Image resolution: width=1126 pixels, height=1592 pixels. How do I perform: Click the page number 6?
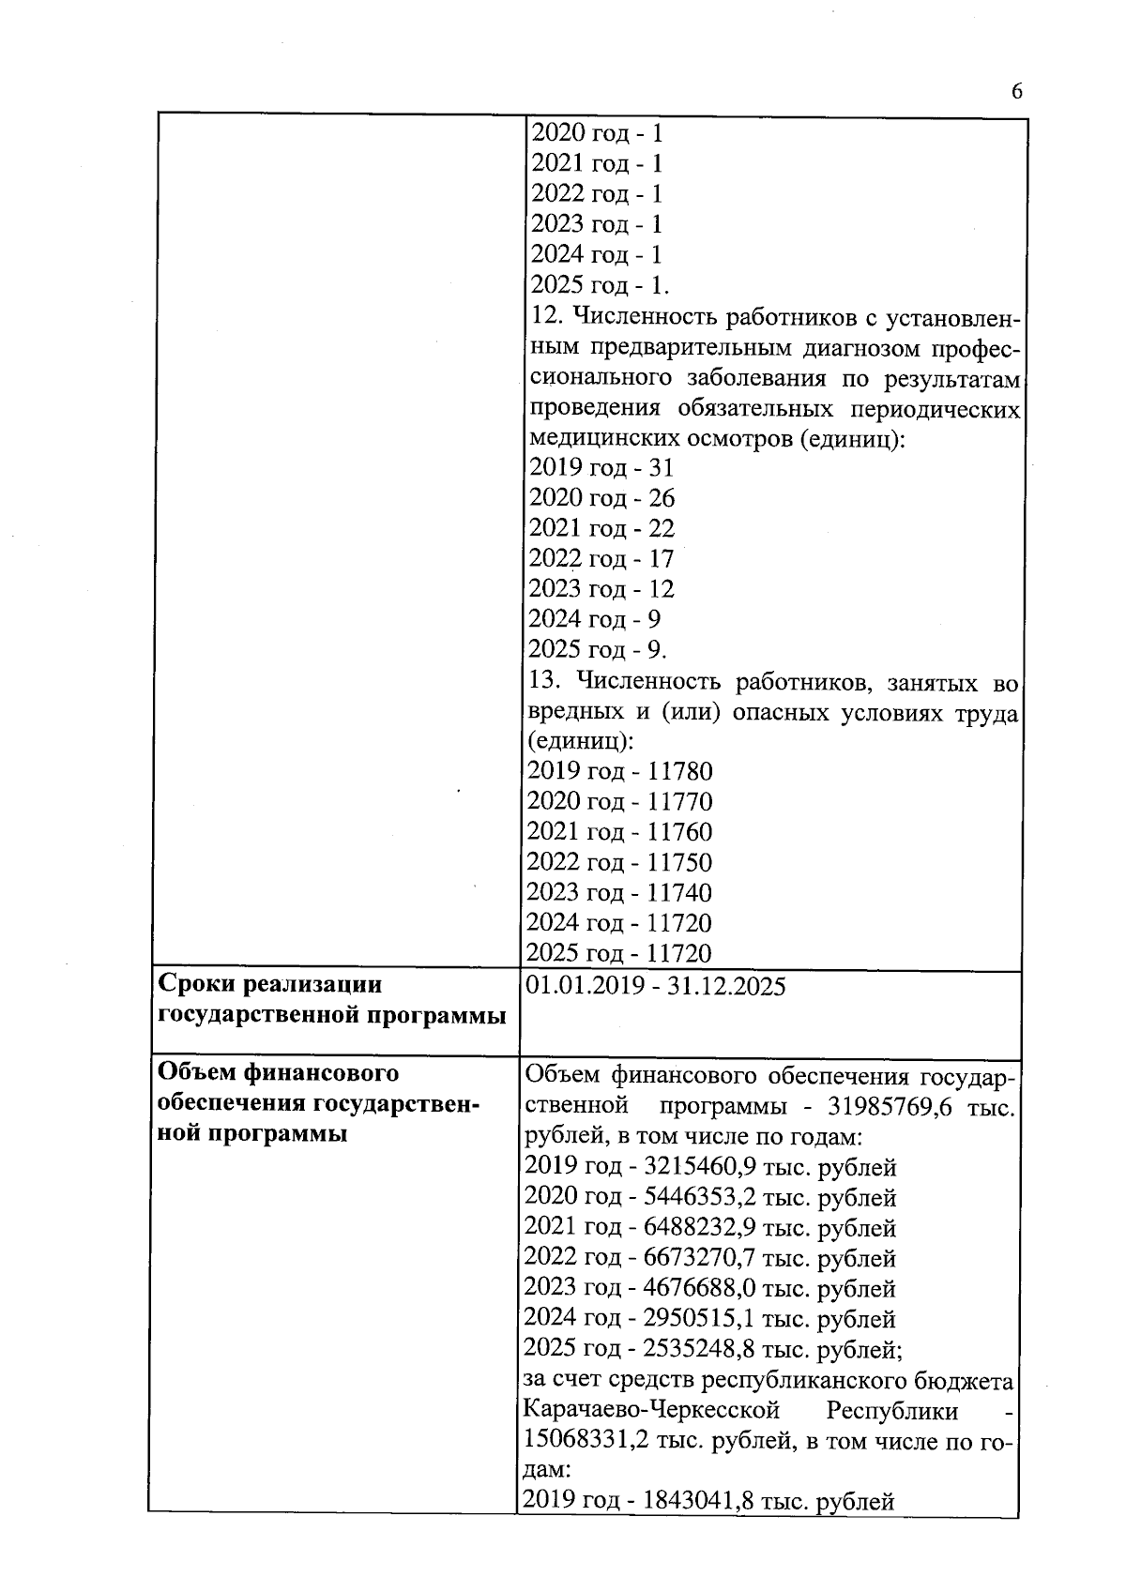[x=1016, y=91]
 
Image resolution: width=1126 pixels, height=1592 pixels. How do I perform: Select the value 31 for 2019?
[x=661, y=467]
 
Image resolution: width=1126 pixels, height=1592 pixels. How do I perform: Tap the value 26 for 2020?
[x=661, y=498]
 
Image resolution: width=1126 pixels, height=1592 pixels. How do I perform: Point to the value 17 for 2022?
[x=661, y=559]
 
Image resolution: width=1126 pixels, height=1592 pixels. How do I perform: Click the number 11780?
[x=679, y=772]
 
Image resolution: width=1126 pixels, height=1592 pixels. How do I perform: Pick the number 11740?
[x=679, y=893]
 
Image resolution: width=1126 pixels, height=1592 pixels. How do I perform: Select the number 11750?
[x=679, y=863]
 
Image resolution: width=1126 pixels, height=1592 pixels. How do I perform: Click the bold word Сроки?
[x=198, y=985]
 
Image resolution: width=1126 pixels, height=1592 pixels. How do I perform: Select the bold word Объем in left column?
[x=198, y=1072]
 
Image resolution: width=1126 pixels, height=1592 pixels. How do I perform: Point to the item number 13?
[x=544, y=681]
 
